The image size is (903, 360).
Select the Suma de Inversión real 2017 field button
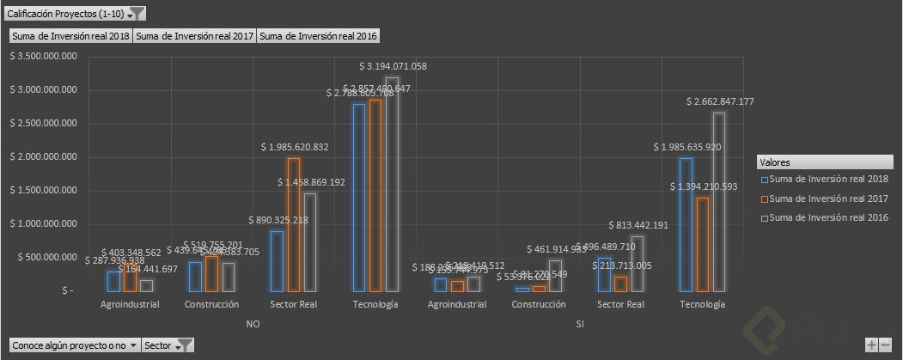click(194, 36)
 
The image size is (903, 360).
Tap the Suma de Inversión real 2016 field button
click(318, 36)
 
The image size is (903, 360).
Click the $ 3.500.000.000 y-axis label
click(43, 56)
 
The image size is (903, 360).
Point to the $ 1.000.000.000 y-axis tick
click(43, 223)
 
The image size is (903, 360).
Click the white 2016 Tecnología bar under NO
click(392, 184)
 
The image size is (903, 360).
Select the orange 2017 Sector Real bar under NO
click(294, 224)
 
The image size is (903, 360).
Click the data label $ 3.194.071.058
click(392, 66)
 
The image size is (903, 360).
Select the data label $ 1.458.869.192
click(312, 182)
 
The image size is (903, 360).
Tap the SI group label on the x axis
click(581, 324)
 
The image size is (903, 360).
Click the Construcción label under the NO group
click(211, 305)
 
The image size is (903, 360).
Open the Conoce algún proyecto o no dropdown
click(74, 345)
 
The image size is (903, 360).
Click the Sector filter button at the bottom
click(168, 345)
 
